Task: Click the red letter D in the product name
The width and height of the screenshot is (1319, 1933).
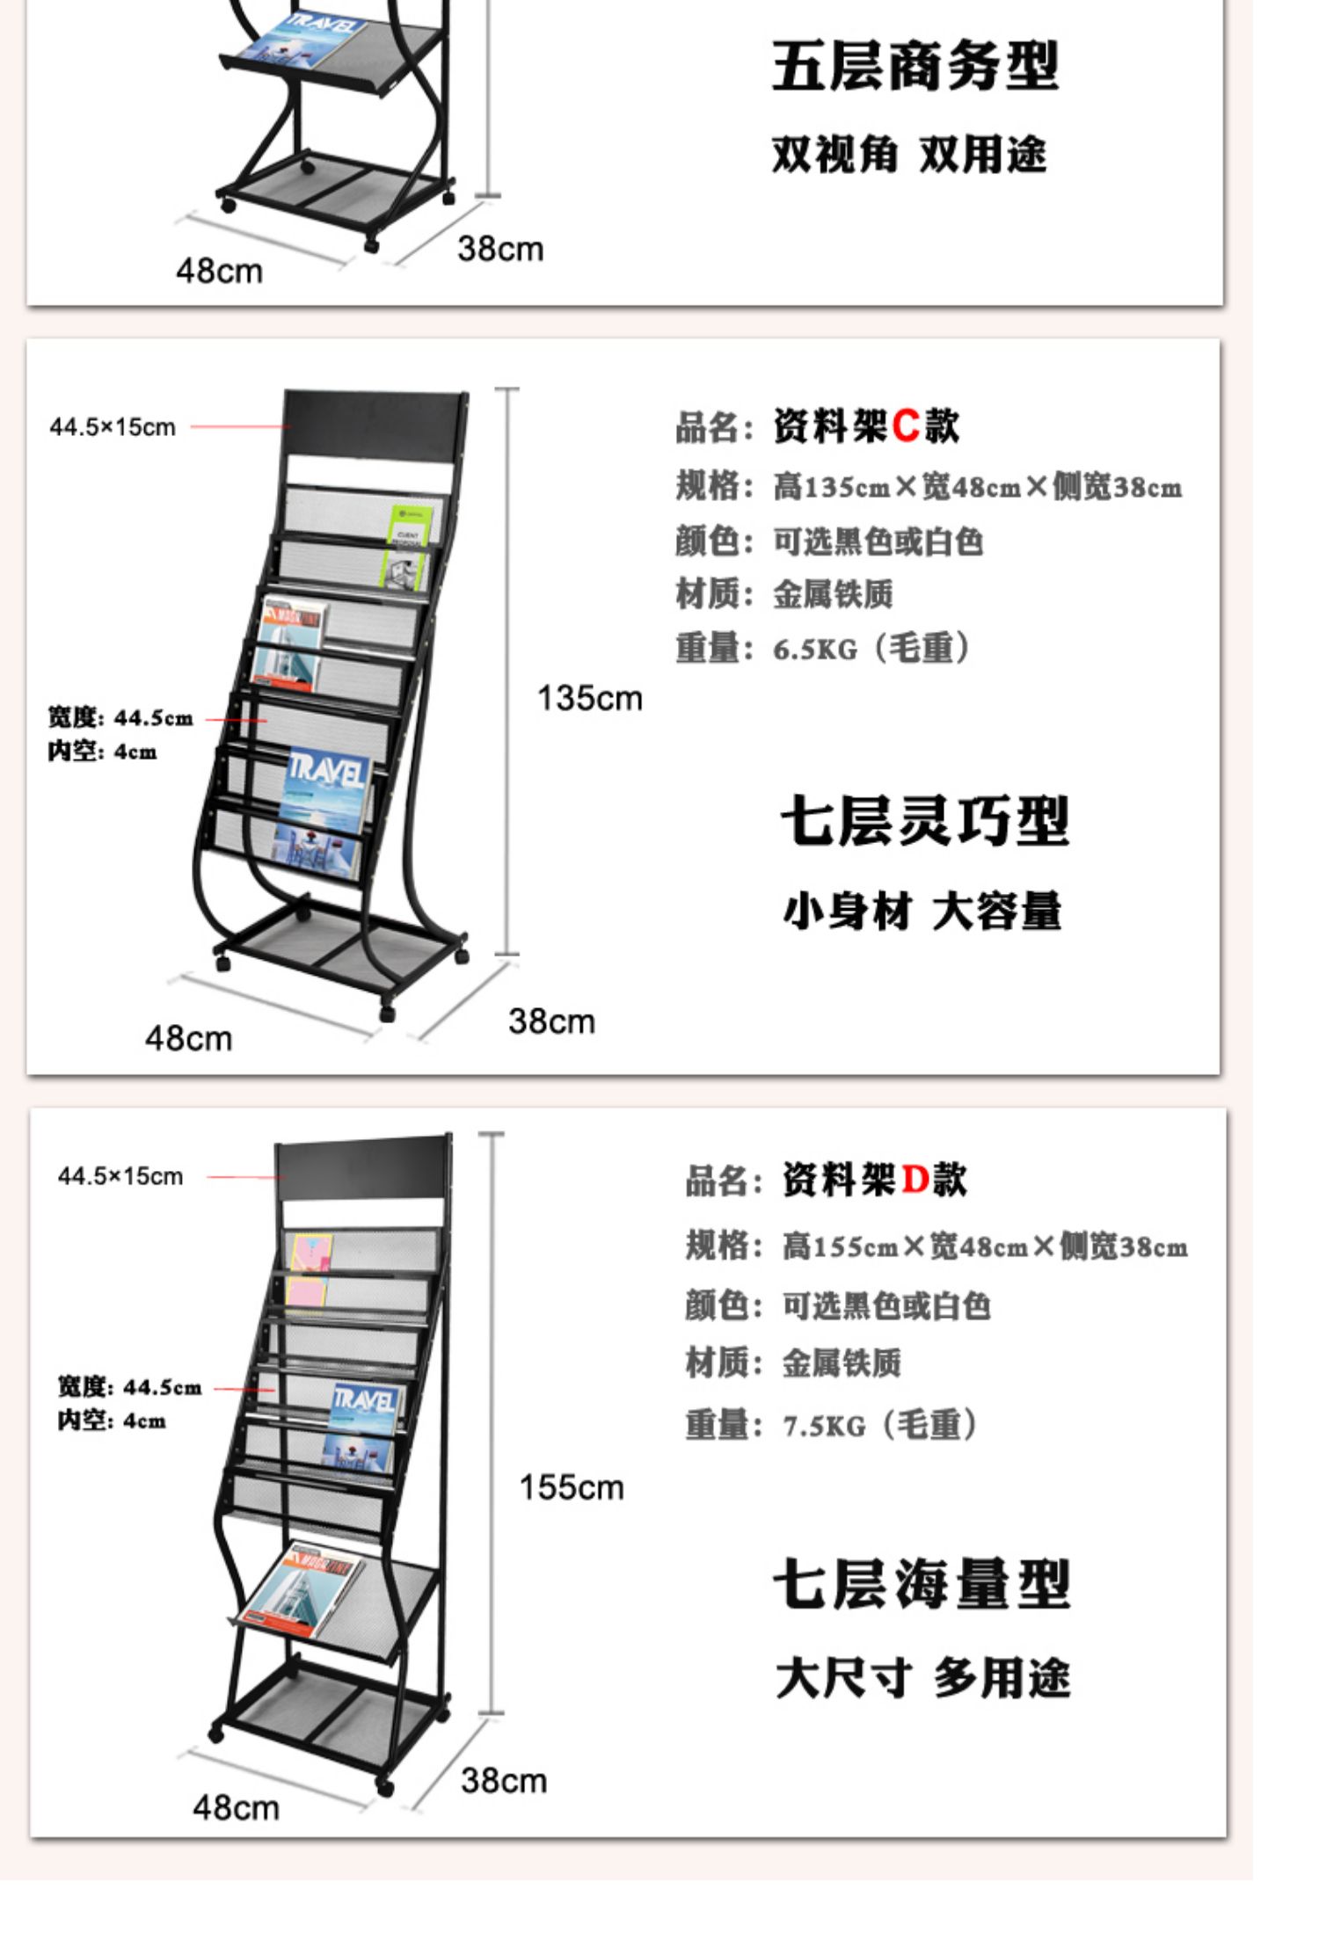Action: click(915, 1180)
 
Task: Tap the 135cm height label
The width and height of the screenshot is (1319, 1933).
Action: click(589, 698)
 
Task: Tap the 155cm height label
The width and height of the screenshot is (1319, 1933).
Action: click(571, 1487)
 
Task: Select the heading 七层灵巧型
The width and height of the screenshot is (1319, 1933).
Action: click(924, 821)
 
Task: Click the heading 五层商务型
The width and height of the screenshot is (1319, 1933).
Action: click(915, 66)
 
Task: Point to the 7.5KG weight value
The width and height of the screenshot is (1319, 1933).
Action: click(824, 1425)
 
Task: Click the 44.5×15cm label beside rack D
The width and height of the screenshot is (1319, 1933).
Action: click(120, 1176)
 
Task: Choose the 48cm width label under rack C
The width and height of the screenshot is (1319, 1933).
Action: click(189, 1038)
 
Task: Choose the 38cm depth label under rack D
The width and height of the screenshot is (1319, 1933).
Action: click(503, 1780)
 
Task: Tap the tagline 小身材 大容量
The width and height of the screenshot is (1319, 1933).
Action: click(922, 911)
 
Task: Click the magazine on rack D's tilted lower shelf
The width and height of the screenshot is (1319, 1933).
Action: click(299, 1588)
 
